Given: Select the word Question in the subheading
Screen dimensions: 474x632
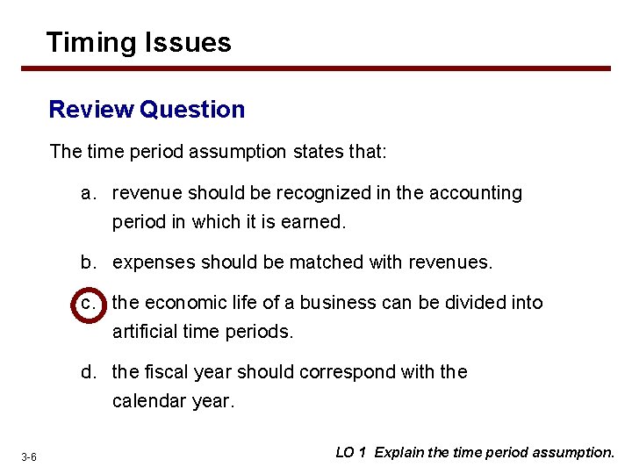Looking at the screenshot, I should click(x=192, y=110).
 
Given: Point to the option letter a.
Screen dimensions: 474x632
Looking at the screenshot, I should click(x=88, y=193).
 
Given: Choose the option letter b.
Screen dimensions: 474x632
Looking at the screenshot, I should click(x=88, y=262).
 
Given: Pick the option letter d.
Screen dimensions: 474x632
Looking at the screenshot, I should click(x=88, y=372).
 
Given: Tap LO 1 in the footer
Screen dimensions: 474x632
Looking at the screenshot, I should click(x=351, y=453).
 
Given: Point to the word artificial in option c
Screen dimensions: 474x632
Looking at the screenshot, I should click(x=144, y=332).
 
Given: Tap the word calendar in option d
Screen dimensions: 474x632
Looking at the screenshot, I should click(x=146, y=401).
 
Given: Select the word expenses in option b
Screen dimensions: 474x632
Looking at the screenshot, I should click(x=148, y=262).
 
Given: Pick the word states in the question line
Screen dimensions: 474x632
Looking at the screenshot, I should click(x=317, y=151).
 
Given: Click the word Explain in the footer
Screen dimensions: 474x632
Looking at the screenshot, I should click(x=399, y=453).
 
